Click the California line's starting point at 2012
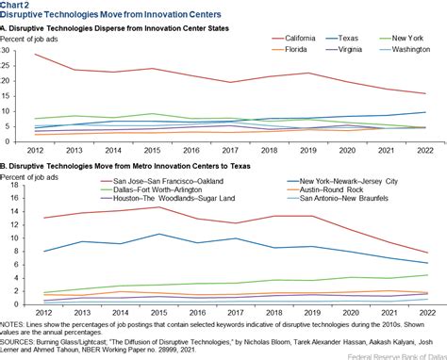coord(34,55)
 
